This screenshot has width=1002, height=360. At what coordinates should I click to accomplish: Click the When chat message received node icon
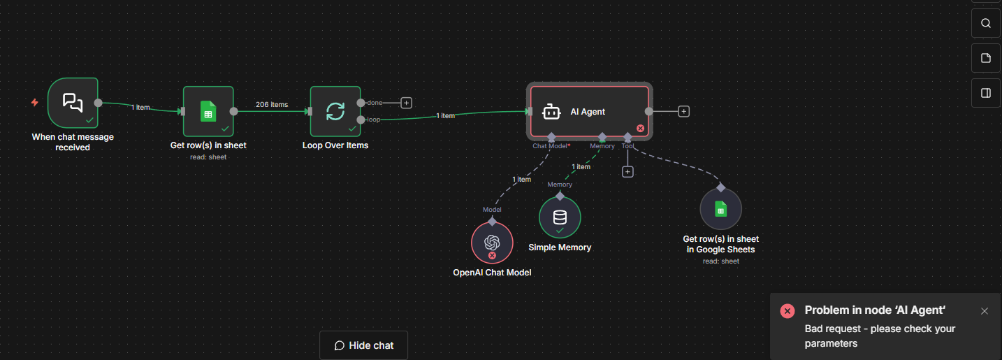pos(73,103)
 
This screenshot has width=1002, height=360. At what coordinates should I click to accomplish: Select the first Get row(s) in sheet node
pos(208,111)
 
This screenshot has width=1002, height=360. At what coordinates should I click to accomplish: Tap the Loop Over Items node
pos(335,111)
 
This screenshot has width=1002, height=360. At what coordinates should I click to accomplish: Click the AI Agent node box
pos(589,112)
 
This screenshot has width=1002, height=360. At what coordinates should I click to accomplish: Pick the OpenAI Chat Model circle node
pos(492,243)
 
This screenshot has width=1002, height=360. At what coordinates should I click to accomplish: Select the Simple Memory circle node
pos(560,217)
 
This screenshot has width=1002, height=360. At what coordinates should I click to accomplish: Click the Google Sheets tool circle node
pos(720,209)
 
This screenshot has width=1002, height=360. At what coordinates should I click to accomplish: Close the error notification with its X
pos(985,311)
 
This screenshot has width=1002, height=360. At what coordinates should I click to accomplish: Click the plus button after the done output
pos(407,103)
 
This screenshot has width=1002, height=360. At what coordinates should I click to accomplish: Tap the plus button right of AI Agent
pos(684,111)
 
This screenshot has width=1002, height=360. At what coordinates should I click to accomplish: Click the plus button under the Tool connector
pos(627,171)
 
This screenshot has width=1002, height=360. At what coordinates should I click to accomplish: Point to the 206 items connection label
pos(272,105)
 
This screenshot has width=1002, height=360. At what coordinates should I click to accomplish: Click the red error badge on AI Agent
pos(640,128)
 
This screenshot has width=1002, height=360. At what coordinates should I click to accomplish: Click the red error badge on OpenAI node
pos(492,255)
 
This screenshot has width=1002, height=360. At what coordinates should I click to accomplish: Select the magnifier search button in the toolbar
pos(986,23)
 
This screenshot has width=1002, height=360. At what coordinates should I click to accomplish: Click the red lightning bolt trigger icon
pos(35,103)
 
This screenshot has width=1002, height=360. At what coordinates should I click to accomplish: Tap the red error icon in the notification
pos(787,311)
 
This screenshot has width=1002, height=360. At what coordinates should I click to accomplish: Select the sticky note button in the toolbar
pos(986,58)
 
